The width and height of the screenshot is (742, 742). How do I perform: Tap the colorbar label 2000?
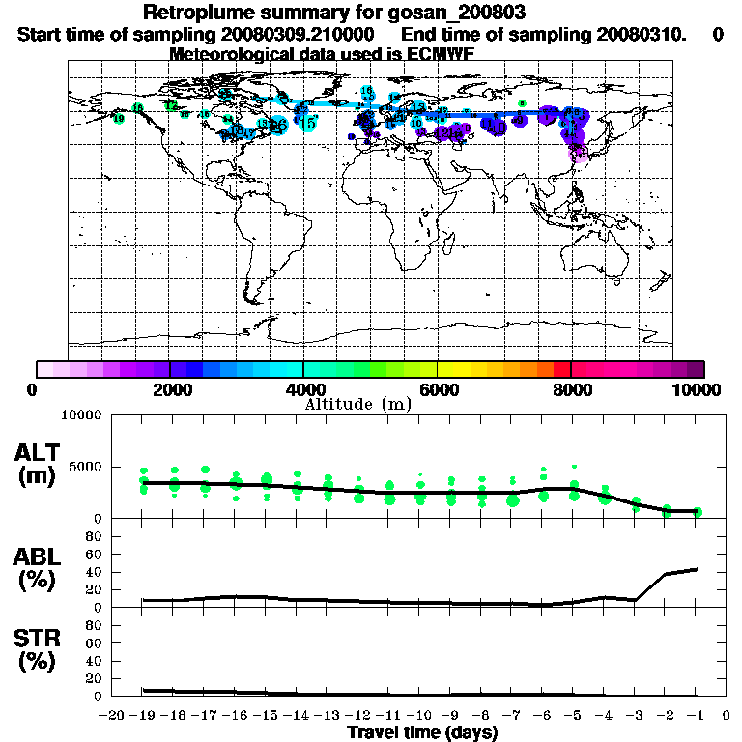[x=170, y=390]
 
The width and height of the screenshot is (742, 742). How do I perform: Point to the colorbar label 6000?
[x=438, y=390]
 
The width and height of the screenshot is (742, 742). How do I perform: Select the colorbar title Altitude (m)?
[x=358, y=404]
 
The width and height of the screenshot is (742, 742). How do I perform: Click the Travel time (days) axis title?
[x=422, y=732]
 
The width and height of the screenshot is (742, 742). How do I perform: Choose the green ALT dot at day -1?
[x=697, y=512]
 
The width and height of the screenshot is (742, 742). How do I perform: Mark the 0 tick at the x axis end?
[x=726, y=716]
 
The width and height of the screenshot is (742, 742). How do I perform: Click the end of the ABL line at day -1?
[x=697, y=569]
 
